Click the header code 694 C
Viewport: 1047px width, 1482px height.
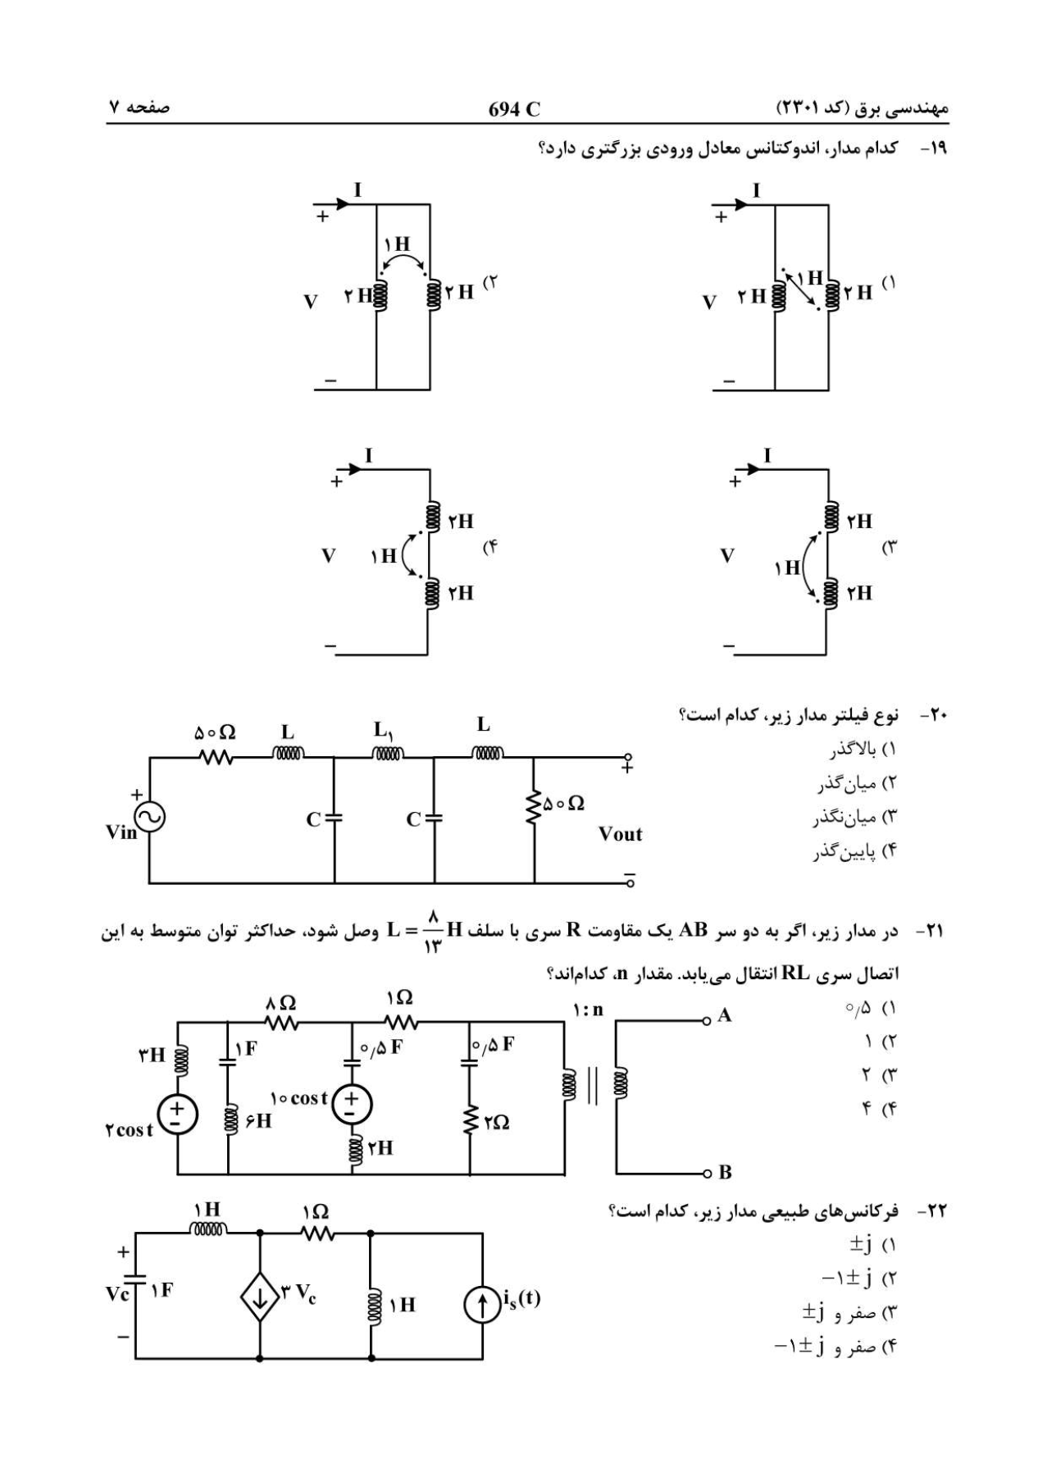tap(514, 109)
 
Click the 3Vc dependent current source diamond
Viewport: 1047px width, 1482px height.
tap(260, 1297)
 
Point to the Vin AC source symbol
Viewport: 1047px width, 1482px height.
tap(149, 816)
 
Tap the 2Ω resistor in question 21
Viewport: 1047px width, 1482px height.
tap(471, 1119)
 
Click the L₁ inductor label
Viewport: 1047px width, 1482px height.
tap(382, 729)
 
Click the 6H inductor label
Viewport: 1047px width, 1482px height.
tap(257, 1120)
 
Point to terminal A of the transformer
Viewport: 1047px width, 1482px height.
tap(706, 1021)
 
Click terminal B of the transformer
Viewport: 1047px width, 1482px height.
tap(706, 1173)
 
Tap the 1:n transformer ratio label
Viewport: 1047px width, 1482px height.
tap(588, 1010)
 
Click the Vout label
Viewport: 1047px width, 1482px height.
tap(620, 835)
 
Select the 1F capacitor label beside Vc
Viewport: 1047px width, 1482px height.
tap(162, 1291)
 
